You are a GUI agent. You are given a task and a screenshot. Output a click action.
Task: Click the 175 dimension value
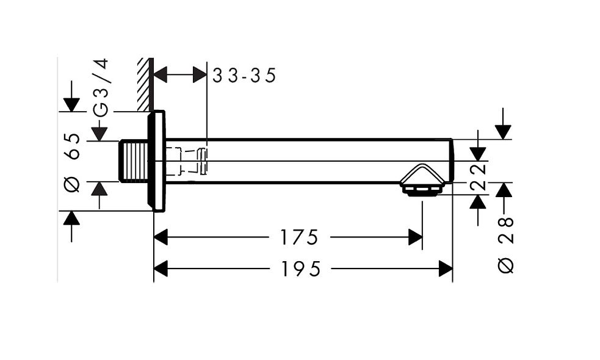(300, 237)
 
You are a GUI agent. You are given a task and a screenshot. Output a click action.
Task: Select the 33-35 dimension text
(245, 75)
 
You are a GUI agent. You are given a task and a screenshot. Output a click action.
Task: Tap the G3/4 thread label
(101, 87)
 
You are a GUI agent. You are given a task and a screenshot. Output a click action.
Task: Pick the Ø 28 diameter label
(507, 244)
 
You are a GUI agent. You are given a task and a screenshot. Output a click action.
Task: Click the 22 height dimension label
(480, 177)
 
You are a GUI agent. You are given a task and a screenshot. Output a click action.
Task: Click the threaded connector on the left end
(134, 162)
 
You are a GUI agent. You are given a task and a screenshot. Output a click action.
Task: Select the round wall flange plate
(157, 161)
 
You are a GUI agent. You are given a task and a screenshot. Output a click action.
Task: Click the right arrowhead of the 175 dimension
(416, 237)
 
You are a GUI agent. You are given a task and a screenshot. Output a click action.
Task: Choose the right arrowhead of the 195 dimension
(446, 268)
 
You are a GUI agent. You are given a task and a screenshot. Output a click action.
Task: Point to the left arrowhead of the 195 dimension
(161, 268)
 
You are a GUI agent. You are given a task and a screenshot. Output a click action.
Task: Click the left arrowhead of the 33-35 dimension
(160, 75)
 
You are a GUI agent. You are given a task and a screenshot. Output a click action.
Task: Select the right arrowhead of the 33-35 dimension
(200, 75)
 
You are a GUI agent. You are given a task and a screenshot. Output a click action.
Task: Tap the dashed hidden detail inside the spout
(186, 162)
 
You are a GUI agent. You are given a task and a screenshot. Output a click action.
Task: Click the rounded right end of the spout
(450, 161)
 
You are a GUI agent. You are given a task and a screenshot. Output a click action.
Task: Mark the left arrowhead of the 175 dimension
(161, 237)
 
